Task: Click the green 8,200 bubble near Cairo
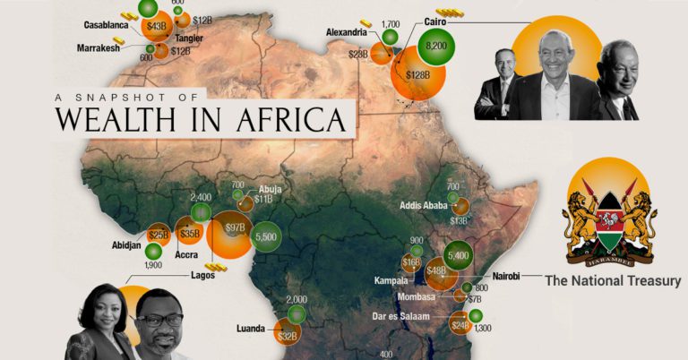click(436, 47)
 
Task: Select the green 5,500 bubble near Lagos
click(266, 236)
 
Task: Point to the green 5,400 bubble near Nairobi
click(458, 255)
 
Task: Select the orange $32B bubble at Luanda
click(288, 337)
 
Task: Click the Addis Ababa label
click(425, 203)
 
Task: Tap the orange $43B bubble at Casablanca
click(156, 28)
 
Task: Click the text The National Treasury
click(613, 281)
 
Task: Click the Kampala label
click(393, 280)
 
